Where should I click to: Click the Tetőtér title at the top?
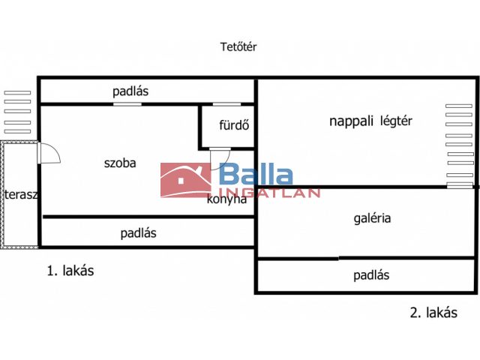[x=239, y=46]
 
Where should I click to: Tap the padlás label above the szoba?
[x=131, y=92]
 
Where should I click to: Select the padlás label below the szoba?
[x=139, y=233]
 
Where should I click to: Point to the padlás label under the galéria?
[x=371, y=275]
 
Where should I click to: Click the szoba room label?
[x=120, y=162]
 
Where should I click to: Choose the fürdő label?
[x=234, y=125]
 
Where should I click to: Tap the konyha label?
[x=226, y=199]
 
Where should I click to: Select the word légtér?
[x=397, y=121]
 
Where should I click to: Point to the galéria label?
[x=373, y=218]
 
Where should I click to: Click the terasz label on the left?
[x=21, y=195]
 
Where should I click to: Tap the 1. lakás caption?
[x=70, y=271]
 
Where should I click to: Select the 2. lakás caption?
[x=433, y=313]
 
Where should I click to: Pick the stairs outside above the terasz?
[x=17, y=112]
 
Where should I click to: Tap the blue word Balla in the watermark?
[x=256, y=176]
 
